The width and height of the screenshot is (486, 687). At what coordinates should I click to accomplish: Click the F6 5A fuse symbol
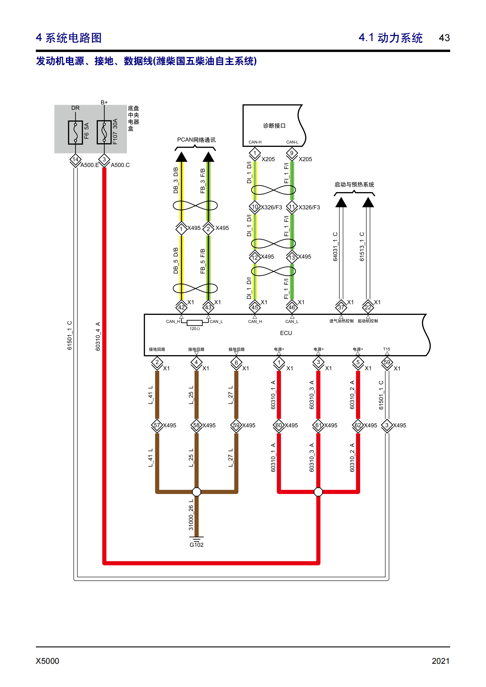pyautogui.click(x=76, y=132)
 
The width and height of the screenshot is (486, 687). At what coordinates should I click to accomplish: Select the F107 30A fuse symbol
pyautogui.click(x=104, y=132)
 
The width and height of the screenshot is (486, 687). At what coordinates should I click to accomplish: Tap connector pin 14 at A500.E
pyautogui.click(x=76, y=159)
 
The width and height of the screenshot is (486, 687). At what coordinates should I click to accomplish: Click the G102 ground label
pyautogui.click(x=197, y=545)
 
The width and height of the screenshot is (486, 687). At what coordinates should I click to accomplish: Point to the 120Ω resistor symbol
pyautogui.click(x=195, y=322)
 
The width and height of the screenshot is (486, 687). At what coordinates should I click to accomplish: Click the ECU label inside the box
pyautogui.click(x=286, y=333)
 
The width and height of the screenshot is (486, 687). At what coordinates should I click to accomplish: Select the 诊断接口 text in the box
pyautogui.click(x=274, y=126)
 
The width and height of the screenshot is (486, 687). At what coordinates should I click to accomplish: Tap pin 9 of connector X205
pyautogui.click(x=292, y=153)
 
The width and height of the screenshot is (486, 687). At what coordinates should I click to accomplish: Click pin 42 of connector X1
pyautogui.click(x=181, y=307)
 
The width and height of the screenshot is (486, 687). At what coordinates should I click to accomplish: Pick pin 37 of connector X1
pyautogui.click(x=341, y=307)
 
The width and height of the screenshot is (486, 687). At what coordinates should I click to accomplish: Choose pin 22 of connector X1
pyautogui.click(x=368, y=307)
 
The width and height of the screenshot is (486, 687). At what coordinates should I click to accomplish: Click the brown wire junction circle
pyautogui.click(x=197, y=492)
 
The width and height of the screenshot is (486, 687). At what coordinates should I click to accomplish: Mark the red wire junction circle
pyautogui.click(x=319, y=492)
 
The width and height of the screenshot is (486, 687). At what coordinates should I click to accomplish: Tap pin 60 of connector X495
pyautogui.click(x=279, y=425)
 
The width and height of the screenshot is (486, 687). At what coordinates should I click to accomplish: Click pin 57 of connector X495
pyautogui.click(x=157, y=425)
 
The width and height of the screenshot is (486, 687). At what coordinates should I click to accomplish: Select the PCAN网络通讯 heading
pyautogui.click(x=196, y=140)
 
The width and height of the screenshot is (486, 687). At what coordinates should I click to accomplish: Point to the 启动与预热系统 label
pyautogui.click(x=354, y=185)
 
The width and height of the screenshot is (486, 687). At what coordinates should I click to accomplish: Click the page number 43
pyautogui.click(x=444, y=38)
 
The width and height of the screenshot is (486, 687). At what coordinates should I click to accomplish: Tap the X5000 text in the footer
pyautogui.click(x=47, y=661)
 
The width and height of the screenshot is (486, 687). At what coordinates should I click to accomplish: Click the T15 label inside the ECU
pyautogui.click(x=387, y=349)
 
